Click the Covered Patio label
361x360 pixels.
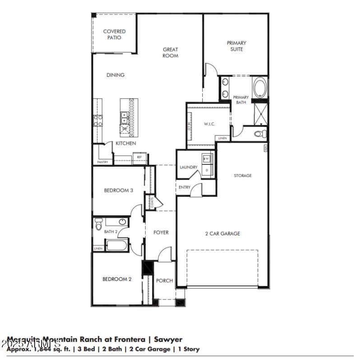114,34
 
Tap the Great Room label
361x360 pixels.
170,52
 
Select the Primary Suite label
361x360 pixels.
236,46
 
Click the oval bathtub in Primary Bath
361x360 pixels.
260,88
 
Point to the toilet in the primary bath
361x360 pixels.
260,134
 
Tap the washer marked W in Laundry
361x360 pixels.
208,159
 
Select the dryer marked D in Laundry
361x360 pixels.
207,170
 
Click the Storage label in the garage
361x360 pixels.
242,175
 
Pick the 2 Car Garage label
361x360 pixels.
222,234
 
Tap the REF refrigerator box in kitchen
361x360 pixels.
139,157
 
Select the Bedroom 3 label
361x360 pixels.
118,191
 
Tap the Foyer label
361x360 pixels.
161,232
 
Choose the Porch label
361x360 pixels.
164,281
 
